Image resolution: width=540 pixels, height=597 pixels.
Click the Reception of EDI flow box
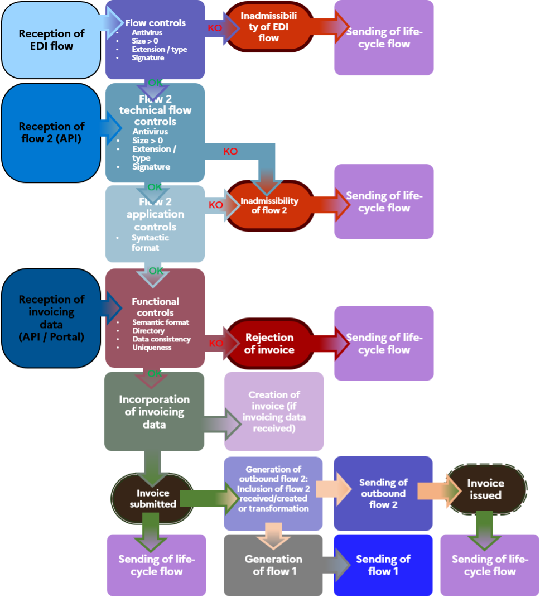click(51, 40)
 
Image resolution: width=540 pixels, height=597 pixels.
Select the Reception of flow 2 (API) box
click(51, 133)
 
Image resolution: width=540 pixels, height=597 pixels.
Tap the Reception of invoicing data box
click(51, 318)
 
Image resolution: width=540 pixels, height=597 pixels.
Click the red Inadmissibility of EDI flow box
click(269, 27)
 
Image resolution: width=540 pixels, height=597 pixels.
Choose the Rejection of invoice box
click(269, 344)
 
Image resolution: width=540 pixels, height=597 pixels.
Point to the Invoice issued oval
click(485, 489)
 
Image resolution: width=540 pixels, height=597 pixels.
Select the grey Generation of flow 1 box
click(273, 565)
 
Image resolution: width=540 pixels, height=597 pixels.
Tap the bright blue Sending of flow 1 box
click(383, 565)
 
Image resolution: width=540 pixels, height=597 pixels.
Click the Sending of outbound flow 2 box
click(383, 493)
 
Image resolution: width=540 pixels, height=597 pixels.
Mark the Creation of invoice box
click(274, 411)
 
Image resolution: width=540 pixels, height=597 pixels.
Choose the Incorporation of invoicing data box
click(154, 412)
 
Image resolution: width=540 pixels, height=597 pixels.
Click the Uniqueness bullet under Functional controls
click(152, 348)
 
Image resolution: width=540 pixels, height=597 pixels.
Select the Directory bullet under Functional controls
click(148, 331)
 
